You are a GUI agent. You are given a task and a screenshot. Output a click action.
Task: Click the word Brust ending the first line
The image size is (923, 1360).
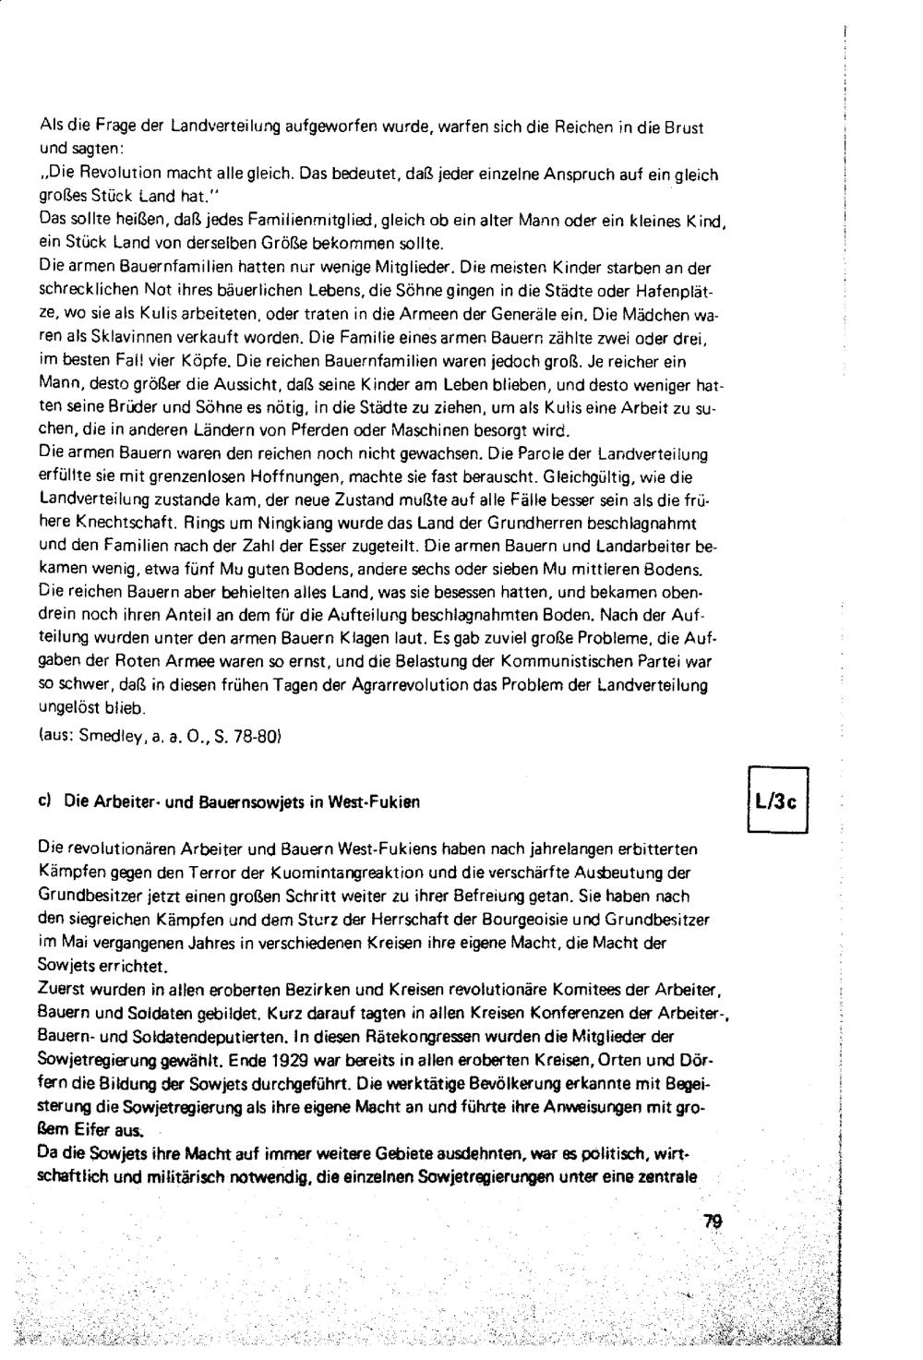click(683, 127)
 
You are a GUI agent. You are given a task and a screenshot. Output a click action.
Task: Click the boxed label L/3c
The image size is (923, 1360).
click(776, 801)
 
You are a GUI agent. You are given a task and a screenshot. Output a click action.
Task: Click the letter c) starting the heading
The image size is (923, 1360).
click(43, 802)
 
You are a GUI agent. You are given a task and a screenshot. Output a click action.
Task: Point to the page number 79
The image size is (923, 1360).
click(712, 1222)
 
